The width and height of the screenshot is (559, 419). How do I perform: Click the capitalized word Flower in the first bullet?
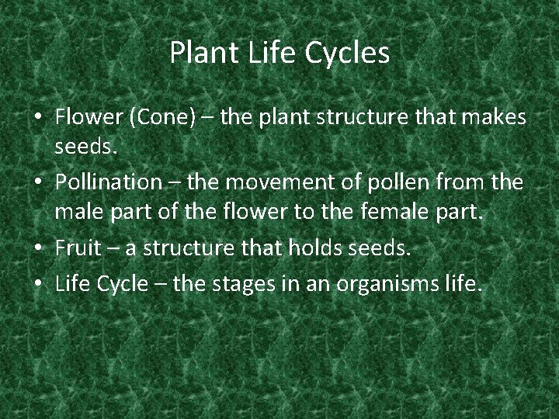[88, 118]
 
